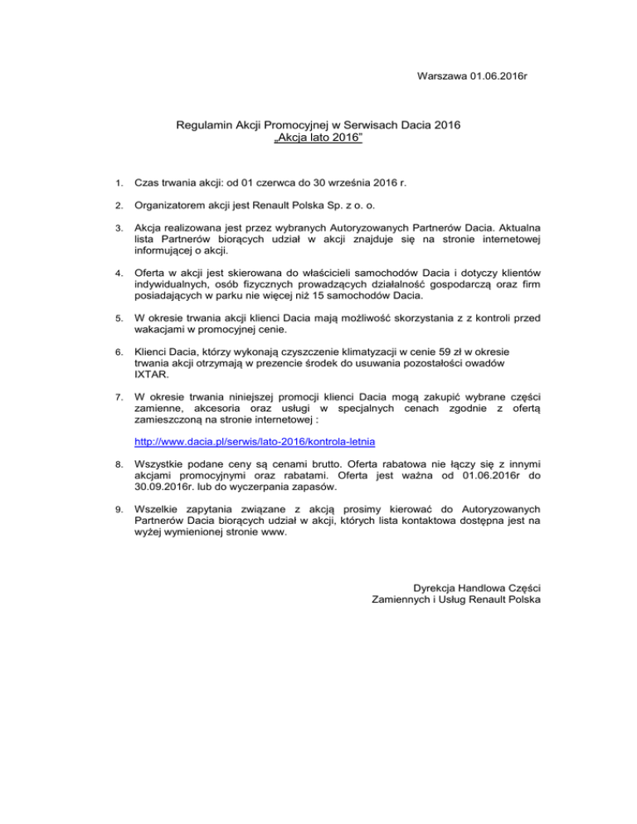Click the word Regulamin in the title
click(x=204, y=126)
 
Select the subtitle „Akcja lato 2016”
click(x=318, y=139)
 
